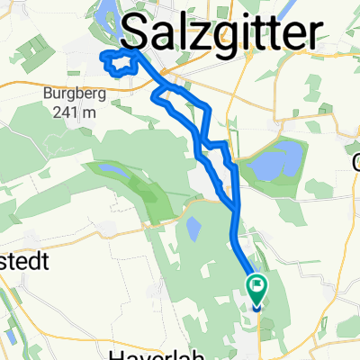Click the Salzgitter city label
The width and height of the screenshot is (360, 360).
[x=220, y=33]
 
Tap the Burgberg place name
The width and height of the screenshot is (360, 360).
[x=69, y=92]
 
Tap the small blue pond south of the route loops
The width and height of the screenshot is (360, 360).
[x=192, y=229]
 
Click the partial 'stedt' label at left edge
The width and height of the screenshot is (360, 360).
[x=22, y=260]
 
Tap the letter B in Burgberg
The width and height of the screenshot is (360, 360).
[x=47, y=92]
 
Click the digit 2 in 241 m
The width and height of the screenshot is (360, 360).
[x=48, y=110]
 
